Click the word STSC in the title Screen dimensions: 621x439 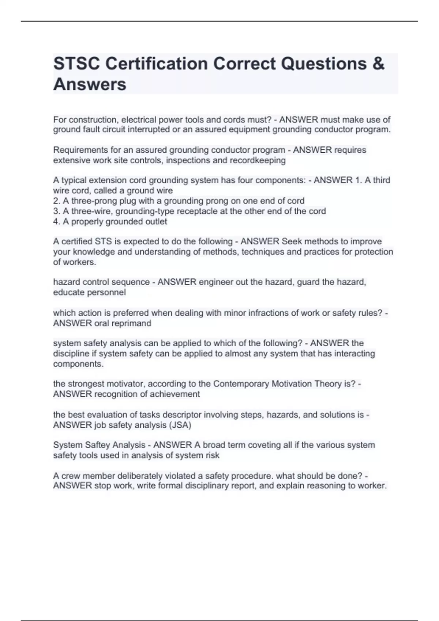75,64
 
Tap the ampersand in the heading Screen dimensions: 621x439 379,64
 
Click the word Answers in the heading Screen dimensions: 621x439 90,84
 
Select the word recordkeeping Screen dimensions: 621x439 258,160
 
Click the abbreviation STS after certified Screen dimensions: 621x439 103,241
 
